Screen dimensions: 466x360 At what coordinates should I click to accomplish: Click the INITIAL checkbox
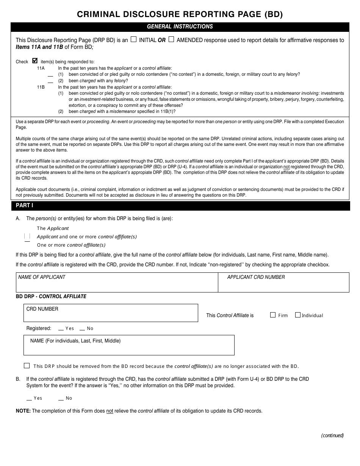133,39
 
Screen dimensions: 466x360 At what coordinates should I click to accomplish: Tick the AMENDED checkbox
171,39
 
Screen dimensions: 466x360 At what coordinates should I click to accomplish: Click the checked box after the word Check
35,61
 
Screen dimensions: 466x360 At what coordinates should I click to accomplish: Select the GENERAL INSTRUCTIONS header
180,27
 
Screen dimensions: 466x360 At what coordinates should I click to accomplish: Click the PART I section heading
25,205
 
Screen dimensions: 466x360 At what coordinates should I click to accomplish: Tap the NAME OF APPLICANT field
117,283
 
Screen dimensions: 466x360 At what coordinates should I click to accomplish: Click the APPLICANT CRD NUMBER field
283,283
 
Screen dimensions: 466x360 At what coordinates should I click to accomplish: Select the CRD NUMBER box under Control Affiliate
111,313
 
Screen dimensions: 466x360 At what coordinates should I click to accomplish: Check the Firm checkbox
273,315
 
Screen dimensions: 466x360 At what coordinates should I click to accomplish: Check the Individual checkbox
298,315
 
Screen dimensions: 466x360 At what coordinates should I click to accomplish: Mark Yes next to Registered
61,329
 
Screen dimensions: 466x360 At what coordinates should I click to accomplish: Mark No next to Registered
82,329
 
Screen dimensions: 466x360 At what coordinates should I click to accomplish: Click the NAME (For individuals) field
129,345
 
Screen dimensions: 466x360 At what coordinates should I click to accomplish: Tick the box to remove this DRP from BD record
27,366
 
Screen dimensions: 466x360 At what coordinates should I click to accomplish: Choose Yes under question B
29,399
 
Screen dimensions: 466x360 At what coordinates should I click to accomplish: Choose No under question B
61,399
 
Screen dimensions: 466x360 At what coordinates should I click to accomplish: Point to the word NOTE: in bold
23,411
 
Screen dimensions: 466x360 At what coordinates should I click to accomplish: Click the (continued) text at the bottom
332,435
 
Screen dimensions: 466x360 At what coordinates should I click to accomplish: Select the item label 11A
41,68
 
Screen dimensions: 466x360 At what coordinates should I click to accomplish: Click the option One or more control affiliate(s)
71,245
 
